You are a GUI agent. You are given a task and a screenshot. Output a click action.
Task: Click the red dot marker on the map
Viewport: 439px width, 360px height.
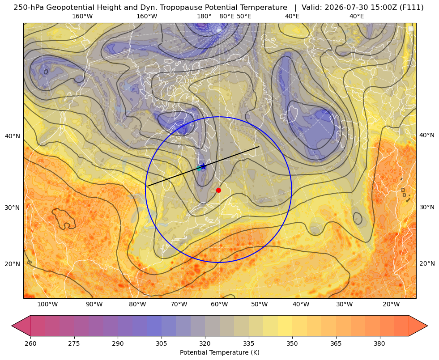[x=219, y=190]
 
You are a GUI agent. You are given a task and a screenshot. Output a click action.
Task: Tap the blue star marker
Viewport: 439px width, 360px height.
[x=203, y=166]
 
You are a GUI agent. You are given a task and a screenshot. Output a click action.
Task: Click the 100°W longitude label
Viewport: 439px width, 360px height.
[x=47, y=305]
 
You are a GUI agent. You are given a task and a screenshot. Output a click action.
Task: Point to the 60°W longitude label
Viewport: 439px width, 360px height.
[x=219, y=305]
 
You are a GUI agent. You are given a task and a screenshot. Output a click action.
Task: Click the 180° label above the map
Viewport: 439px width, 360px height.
[x=204, y=16]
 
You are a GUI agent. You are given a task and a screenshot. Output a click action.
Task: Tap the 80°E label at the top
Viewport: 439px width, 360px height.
[x=227, y=16]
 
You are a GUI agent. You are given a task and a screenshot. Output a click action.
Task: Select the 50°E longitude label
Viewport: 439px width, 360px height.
[x=244, y=16]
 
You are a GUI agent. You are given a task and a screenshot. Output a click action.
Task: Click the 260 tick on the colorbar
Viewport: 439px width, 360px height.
[x=30, y=343]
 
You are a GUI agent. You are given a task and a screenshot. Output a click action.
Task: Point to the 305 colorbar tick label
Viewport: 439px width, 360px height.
[x=162, y=343]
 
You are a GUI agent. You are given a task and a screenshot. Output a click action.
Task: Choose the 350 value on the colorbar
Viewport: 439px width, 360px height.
[x=292, y=343]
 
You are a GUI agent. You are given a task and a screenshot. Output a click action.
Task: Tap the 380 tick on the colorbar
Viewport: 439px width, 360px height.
[x=379, y=343]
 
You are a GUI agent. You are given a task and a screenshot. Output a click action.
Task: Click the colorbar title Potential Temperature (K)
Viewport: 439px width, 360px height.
[x=219, y=352]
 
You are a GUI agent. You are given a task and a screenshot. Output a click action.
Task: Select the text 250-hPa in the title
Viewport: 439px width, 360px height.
[x=29, y=8]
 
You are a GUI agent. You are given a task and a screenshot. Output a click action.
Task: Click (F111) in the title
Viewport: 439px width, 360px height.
[x=412, y=8]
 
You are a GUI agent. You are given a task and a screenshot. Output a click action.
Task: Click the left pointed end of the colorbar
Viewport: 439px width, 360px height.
[x=12, y=326]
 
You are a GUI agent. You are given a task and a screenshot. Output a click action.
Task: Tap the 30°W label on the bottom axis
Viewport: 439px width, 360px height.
[x=345, y=305]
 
